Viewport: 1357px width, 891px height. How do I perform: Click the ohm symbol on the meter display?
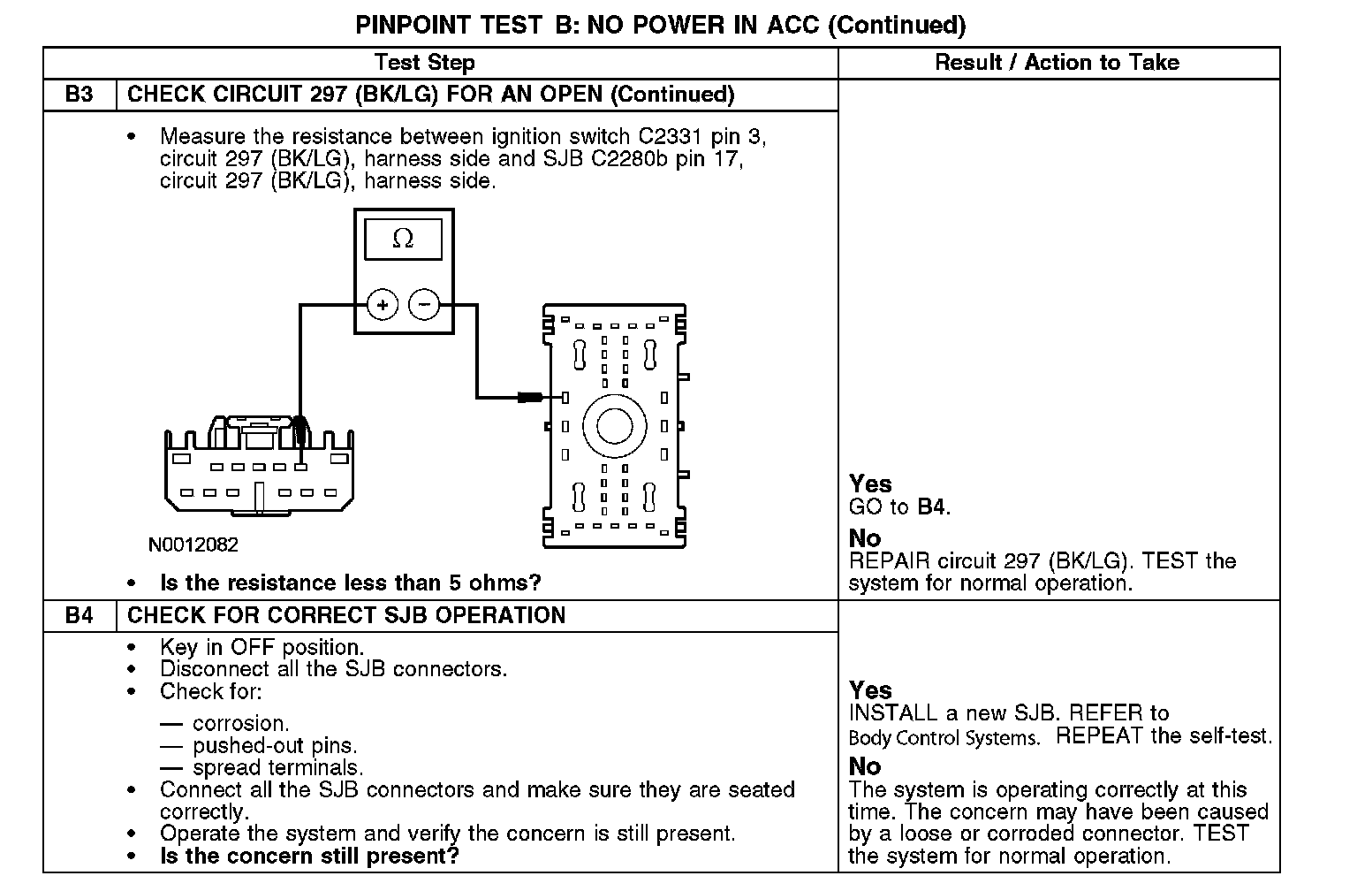pos(403,239)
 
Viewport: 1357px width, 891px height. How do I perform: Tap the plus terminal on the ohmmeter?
pos(383,306)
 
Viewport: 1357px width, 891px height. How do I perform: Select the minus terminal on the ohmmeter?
pos(425,306)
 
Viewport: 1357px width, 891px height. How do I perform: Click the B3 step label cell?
pos(80,95)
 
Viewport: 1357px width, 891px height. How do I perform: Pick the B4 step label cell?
pos(80,615)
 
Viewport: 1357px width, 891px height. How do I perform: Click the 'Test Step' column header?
pos(425,63)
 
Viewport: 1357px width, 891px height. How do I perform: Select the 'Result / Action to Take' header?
pos(1057,63)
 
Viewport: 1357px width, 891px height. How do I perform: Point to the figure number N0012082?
pos(193,544)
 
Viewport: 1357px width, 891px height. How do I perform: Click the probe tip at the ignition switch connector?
pos(301,433)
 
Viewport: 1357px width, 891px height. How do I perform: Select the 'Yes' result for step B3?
pos(870,484)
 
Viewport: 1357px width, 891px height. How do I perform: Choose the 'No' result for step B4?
pos(865,765)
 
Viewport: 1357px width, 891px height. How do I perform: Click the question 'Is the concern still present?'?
pos(309,856)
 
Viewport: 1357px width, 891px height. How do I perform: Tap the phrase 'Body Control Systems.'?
pos(944,737)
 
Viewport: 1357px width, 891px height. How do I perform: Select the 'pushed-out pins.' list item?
pos(275,745)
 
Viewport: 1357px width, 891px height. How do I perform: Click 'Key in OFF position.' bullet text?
pos(262,647)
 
